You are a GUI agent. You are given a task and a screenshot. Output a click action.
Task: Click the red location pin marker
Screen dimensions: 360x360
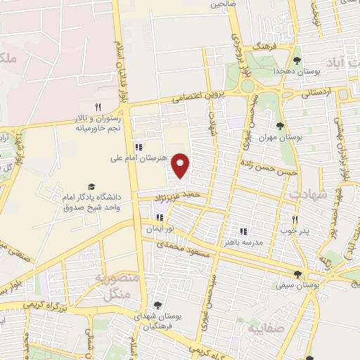[181, 165]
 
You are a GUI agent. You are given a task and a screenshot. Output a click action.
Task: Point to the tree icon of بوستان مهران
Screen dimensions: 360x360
[280, 127]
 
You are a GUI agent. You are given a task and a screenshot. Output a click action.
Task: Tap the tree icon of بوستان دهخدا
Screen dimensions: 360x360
[297, 60]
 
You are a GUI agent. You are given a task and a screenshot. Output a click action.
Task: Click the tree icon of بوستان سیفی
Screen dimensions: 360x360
[298, 274]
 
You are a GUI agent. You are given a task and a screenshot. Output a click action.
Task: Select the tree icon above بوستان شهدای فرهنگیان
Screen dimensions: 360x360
[156, 305]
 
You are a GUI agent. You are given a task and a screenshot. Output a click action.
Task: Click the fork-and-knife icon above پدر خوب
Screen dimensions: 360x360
[295, 219]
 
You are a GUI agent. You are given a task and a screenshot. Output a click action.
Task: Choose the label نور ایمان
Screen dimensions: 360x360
[159, 229]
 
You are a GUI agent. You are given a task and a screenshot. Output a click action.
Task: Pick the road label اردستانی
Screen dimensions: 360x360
[317, 94]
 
